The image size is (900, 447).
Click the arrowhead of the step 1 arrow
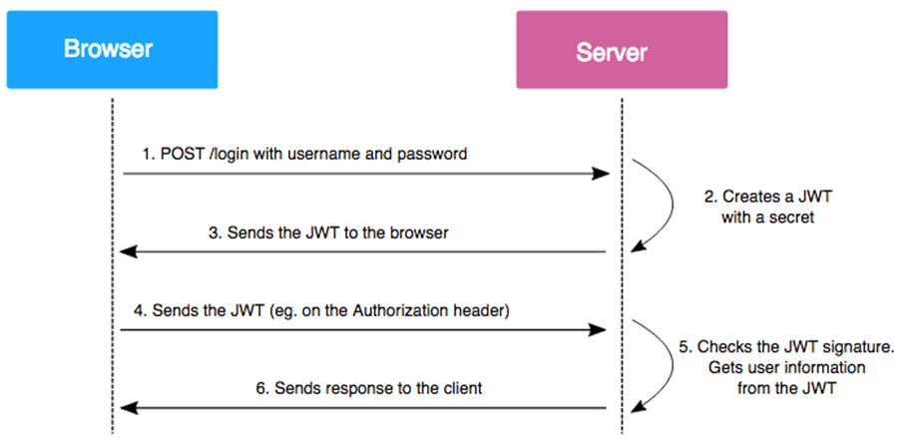tap(602, 174)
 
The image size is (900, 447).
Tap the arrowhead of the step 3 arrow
tap(127, 252)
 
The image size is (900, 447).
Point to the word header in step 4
tap(483, 310)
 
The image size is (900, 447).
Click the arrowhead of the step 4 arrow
tap(602, 329)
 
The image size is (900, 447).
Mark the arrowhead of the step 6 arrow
tap(127, 407)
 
